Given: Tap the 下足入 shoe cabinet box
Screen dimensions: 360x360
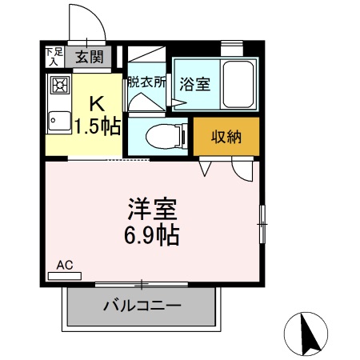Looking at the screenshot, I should pyautogui.click(x=53, y=56).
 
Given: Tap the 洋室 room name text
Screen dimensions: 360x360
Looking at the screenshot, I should pyautogui.click(x=151, y=210).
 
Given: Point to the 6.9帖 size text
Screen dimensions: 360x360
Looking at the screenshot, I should pyautogui.click(x=151, y=236).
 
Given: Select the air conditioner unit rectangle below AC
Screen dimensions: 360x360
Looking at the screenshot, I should pyautogui.click(x=66, y=274).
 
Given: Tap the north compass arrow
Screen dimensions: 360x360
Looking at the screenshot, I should pyautogui.click(x=306, y=332).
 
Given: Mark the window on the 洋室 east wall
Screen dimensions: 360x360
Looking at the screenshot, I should pyautogui.click(x=262, y=223).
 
